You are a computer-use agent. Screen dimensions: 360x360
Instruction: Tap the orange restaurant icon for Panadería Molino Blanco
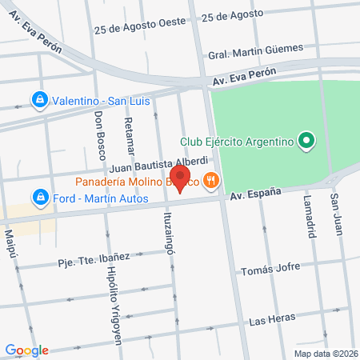pos(211,181)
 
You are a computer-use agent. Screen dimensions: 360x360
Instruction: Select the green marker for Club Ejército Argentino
pos(305,142)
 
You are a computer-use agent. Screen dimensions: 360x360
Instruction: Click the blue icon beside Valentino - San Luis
pos(38,100)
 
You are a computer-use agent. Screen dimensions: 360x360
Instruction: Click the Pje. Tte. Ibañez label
pos(94,259)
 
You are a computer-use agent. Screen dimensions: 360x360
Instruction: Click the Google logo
pos(26,350)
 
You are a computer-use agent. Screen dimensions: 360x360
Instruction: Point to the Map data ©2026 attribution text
pos(324,353)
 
